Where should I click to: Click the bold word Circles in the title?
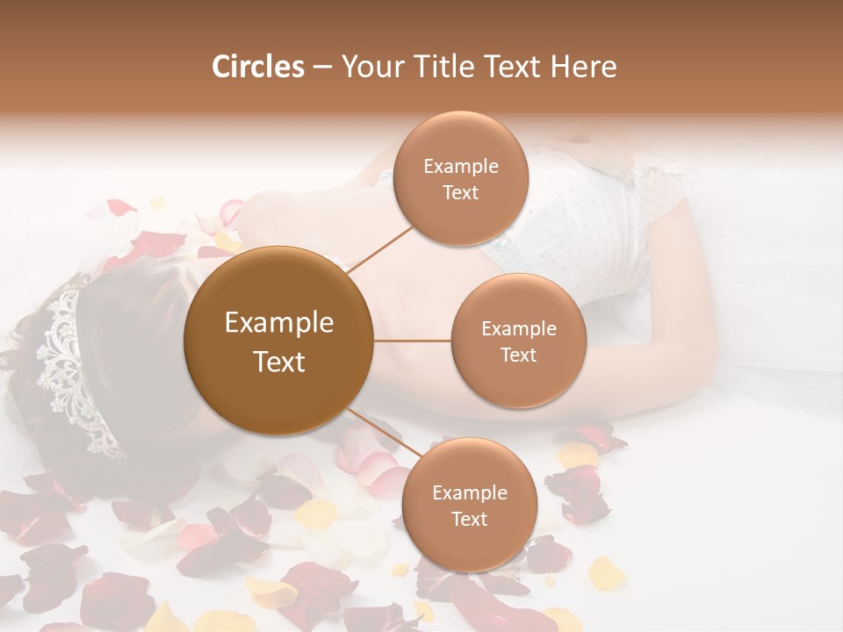[x=258, y=67]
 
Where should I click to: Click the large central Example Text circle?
[x=279, y=341]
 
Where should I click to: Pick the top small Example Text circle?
[x=460, y=178]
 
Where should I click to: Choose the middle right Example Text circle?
[x=518, y=341]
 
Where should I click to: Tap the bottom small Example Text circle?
[x=469, y=505]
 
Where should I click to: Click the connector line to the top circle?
[x=380, y=248]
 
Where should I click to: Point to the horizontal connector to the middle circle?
[x=412, y=341]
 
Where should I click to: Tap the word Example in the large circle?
[x=279, y=323]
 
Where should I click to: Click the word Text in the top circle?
[x=460, y=192]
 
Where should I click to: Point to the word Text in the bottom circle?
[x=469, y=519]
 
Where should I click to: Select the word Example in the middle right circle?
[x=518, y=328]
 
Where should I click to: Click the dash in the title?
[x=322, y=68]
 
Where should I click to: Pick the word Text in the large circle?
[x=279, y=362]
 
